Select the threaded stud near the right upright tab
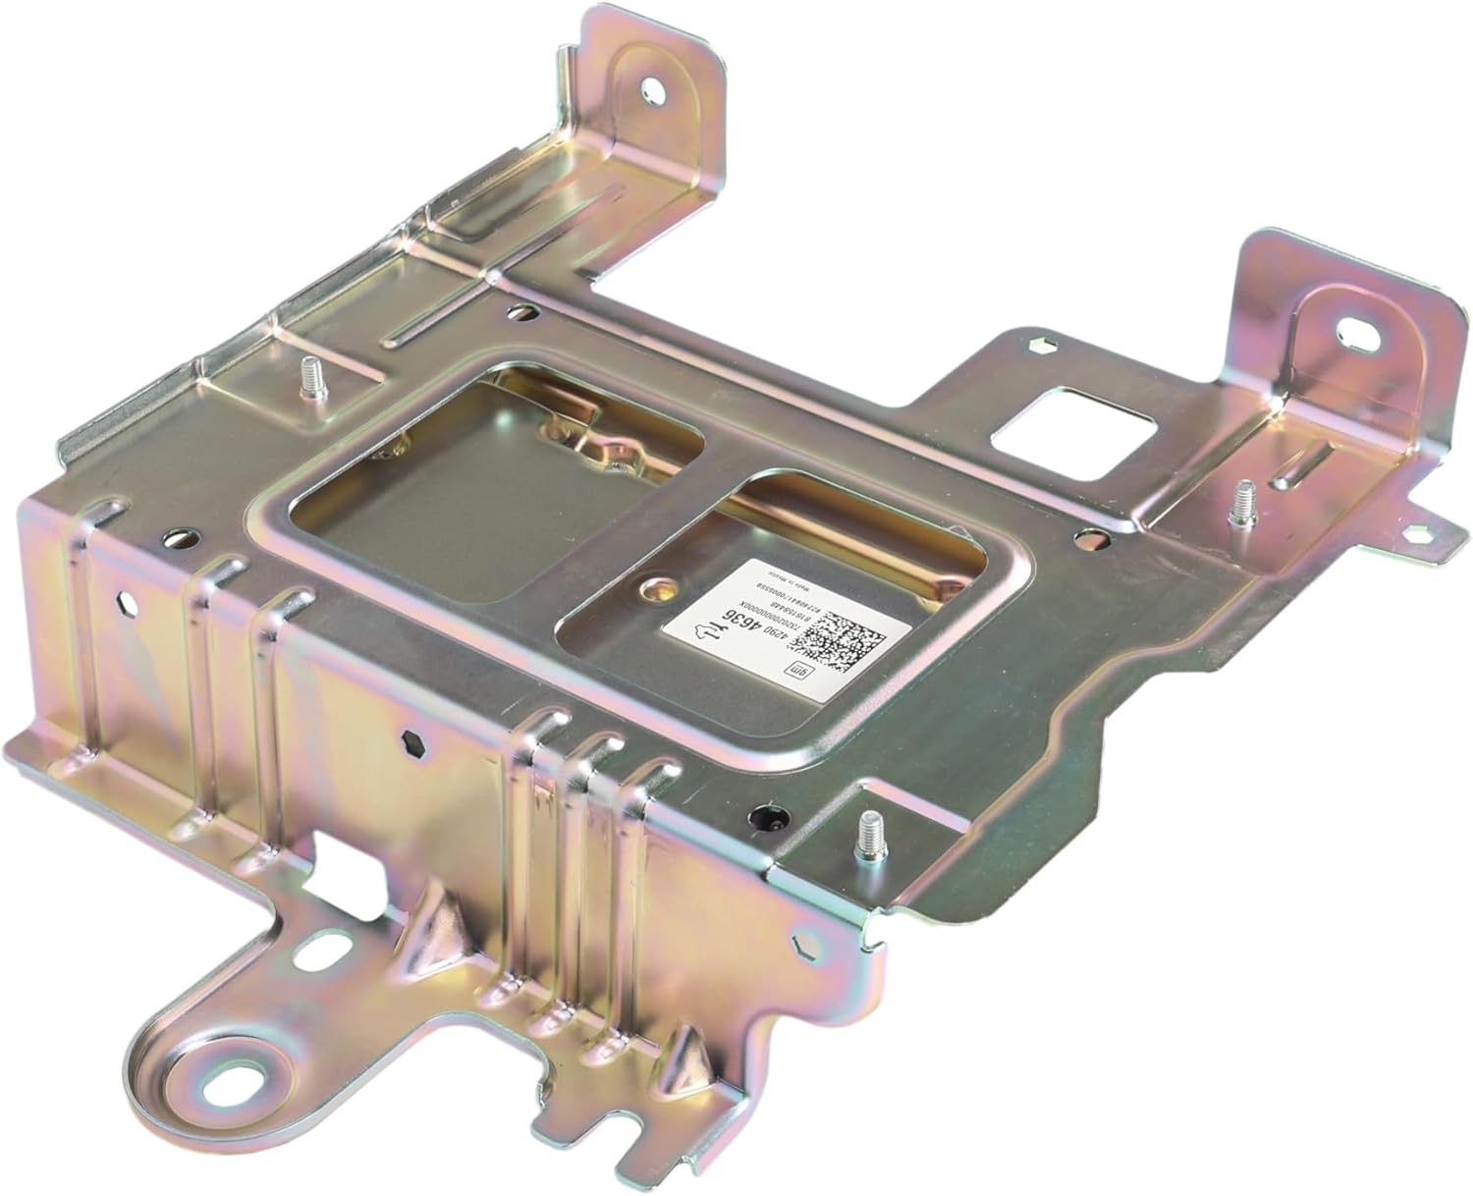point(1243,501)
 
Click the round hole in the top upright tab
point(651,90)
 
